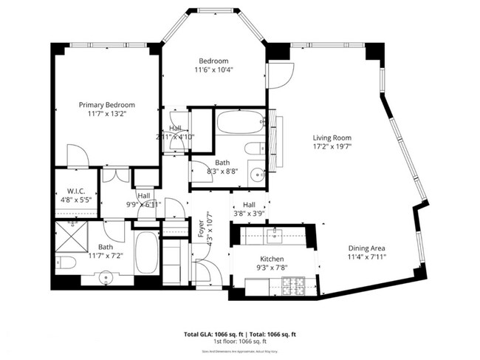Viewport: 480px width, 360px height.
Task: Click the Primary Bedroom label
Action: pyautogui.click(x=108, y=105)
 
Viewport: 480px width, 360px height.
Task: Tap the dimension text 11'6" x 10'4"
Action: pyautogui.click(x=213, y=70)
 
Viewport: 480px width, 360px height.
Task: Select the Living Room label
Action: pyautogui.click(x=331, y=137)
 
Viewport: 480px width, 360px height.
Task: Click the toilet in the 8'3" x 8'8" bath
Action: pyautogui.click(x=251, y=149)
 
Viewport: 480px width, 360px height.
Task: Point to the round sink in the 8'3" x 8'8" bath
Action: pyautogui.click(x=256, y=175)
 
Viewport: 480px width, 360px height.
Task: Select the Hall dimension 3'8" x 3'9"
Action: pyautogui.click(x=248, y=214)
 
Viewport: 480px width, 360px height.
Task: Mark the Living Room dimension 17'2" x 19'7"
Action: pyautogui.click(x=331, y=146)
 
